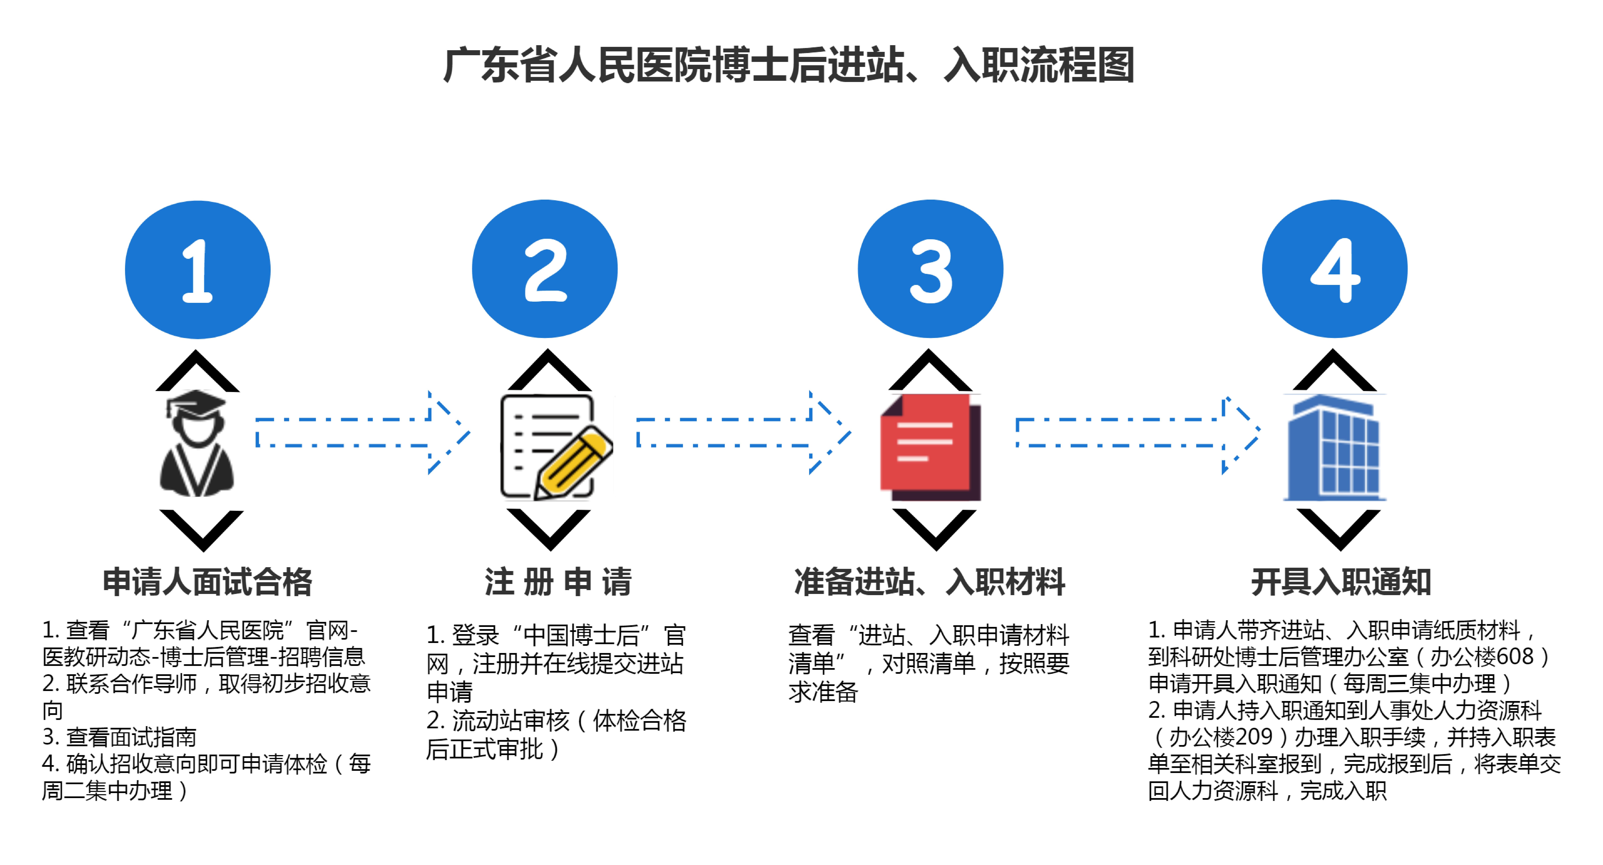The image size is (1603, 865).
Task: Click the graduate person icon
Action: pos(197,445)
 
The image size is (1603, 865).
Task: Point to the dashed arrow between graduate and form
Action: pos(361,432)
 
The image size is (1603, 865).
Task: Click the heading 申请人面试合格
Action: pos(207,582)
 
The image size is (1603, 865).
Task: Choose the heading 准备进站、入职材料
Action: pos(930,582)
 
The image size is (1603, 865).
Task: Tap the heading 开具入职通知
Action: pos(1341,582)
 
